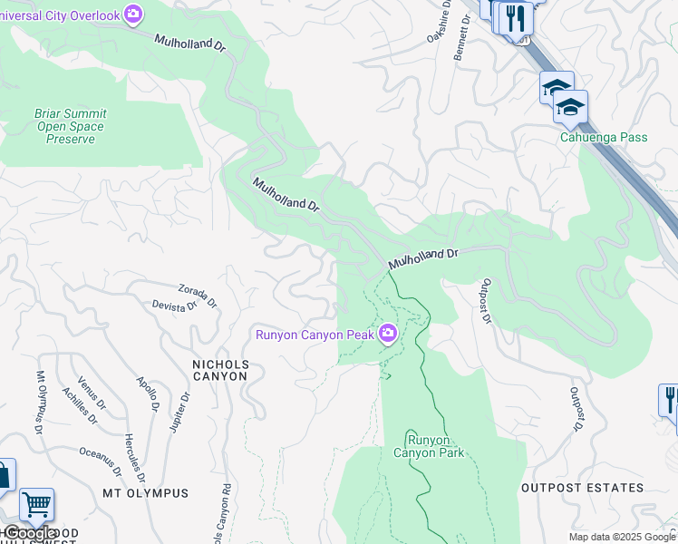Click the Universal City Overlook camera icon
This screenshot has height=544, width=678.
point(133,14)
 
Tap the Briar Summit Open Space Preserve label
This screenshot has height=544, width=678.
point(70,127)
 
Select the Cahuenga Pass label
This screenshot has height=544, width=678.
point(603,137)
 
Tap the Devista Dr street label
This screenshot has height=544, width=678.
point(174,306)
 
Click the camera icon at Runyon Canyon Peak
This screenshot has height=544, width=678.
point(388,335)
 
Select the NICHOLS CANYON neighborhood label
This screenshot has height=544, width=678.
point(219,370)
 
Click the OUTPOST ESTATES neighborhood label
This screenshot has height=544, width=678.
point(582,488)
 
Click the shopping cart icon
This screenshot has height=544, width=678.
point(36,505)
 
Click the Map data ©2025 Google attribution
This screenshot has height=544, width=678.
point(622,537)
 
